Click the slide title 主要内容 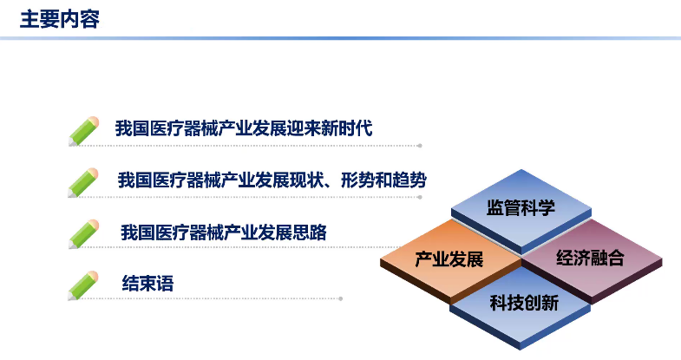point(60,20)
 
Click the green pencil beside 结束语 point(83,285)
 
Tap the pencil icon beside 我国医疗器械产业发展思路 point(83,234)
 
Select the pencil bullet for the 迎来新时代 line point(83,131)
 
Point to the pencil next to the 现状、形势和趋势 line point(83,183)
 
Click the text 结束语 point(147,284)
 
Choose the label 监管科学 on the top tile point(521,207)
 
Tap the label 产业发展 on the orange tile point(449,259)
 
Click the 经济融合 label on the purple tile point(590,258)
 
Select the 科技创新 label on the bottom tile point(524,303)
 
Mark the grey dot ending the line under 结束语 point(340,298)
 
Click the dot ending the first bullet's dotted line point(420,146)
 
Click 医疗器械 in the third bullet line point(189,232)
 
